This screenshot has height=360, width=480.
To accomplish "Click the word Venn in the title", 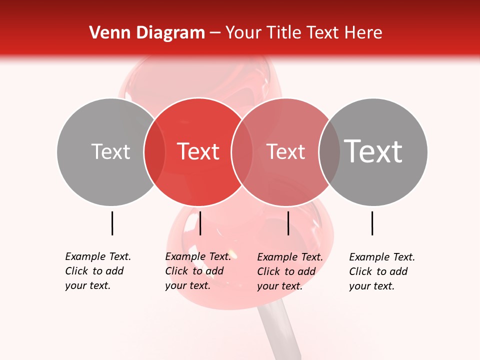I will click(106, 33).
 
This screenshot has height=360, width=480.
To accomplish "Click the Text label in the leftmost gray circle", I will click(110, 151).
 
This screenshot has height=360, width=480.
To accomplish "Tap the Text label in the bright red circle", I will click(198, 151).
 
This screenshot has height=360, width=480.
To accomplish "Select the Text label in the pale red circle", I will click(285, 151).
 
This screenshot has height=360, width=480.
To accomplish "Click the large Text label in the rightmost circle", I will click(373, 151).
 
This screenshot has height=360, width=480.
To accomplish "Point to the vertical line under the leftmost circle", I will click(112, 223).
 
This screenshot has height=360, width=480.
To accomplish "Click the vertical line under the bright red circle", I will click(200, 223).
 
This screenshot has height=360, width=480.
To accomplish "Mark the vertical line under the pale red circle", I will click(288, 223).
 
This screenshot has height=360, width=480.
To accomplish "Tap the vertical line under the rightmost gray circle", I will click(372, 223).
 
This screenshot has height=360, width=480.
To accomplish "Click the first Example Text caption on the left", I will click(97, 271).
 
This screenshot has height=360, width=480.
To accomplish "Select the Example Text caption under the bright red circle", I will click(197, 271).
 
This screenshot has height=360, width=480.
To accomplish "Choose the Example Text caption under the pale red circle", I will click(289, 271).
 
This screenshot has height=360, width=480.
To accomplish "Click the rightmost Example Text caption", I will click(381, 271).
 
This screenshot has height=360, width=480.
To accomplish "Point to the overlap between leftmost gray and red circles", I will click(154, 151).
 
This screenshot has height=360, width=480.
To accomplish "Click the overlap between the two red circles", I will click(242, 151).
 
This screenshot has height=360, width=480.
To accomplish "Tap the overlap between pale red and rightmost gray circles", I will click(329, 151).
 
